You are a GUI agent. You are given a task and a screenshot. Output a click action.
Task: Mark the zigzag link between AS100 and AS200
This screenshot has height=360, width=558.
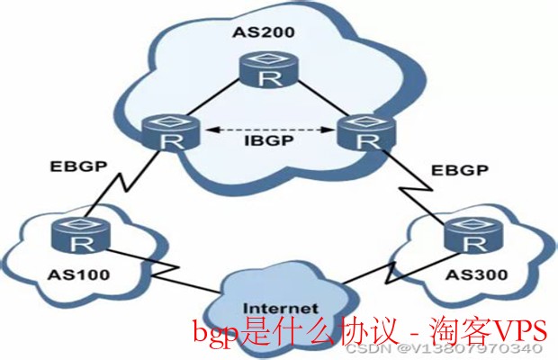click(127, 186)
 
